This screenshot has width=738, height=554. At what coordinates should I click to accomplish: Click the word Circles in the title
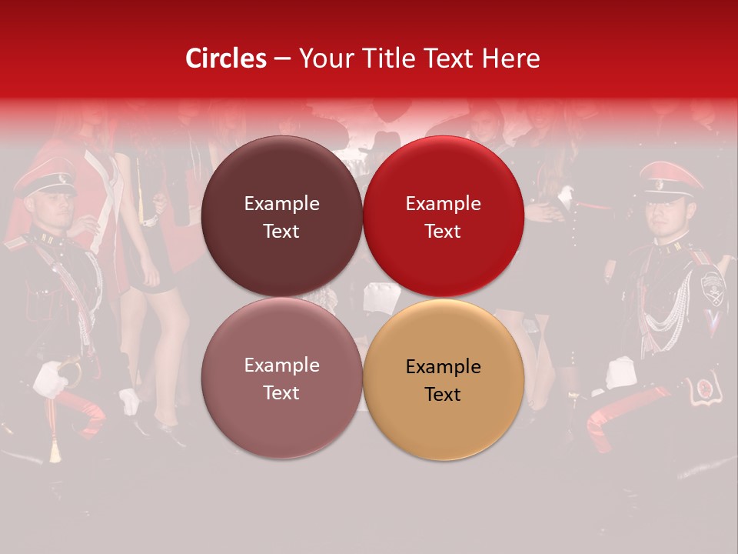pos(226,58)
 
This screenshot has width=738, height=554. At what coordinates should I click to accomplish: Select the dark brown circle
pos(281,216)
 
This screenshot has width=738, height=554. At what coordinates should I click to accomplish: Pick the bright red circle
pos(443,216)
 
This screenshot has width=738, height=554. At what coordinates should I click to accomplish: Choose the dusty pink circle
pos(281,378)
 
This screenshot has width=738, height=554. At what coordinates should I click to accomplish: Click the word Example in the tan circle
pos(443,367)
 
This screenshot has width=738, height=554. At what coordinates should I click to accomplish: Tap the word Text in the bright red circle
pos(443,231)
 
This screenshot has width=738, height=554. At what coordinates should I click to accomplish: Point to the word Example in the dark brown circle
pos(281,203)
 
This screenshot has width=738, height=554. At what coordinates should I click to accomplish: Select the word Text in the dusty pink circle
pos(281,392)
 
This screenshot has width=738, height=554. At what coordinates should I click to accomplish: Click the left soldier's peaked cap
pos(45,177)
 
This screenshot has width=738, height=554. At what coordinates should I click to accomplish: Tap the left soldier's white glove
pos(51,379)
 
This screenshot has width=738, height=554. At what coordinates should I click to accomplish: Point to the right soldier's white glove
pos(620,372)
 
